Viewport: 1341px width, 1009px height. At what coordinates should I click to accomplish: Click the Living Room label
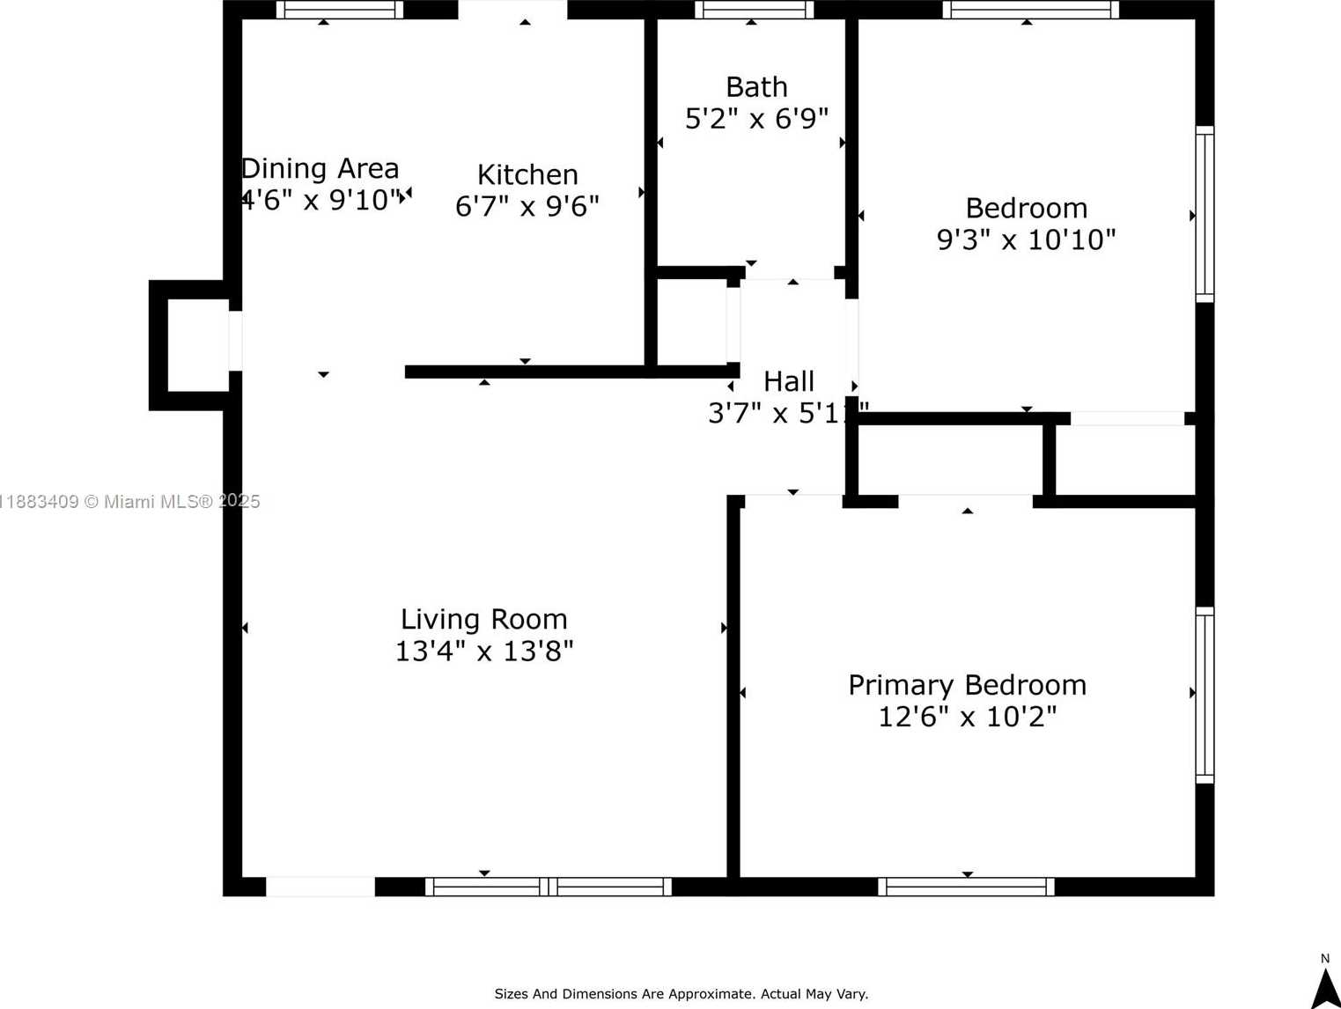click(x=483, y=619)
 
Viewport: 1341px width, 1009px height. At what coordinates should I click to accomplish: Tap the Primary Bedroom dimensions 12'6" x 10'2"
click(x=967, y=717)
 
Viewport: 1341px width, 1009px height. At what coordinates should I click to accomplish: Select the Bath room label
click(x=756, y=87)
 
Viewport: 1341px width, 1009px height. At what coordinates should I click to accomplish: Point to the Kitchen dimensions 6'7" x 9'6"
click(x=527, y=206)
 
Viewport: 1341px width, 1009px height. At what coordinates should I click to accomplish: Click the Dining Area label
click(x=321, y=168)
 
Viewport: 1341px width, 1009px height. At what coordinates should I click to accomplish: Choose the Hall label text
click(x=788, y=381)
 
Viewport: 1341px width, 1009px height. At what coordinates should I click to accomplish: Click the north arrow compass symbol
click(x=1325, y=986)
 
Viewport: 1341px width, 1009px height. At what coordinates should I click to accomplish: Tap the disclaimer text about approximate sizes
click(x=681, y=994)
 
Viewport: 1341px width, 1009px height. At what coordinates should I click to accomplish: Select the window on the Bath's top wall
click(x=754, y=10)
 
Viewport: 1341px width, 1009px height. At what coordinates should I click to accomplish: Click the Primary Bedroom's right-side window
click(x=1205, y=695)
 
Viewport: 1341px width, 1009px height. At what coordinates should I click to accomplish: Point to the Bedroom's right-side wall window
click(x=1205, y=214)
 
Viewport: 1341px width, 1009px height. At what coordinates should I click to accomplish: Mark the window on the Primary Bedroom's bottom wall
click(x=966, y=887)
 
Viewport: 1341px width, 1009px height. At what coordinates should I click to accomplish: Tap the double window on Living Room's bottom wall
click(x=548, y=887)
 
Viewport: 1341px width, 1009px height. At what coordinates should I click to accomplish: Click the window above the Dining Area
click(x=339, y=10)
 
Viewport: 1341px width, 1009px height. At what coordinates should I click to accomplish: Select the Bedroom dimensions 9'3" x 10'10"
click(x=1026, y=239)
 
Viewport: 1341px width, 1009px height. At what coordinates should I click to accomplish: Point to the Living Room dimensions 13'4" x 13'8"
click(x=483, y=652)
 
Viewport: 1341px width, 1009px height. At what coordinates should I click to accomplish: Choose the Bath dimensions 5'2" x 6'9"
click(x=756, y=119)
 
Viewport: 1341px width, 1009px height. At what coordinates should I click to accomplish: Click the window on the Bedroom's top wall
click(x=1030, y=10)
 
